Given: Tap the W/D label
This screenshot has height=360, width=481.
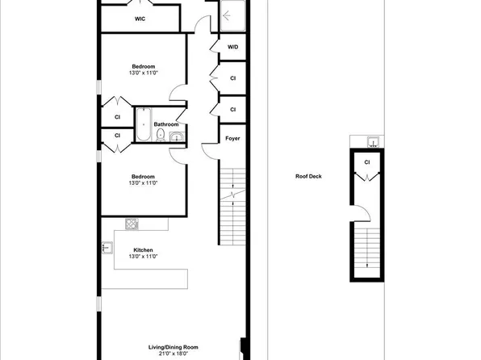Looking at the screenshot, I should (x=232, y=48).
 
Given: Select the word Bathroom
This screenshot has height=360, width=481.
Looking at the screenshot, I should (x=165, y=124).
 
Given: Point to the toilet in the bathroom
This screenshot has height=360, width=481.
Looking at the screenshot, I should (x=161, y=136).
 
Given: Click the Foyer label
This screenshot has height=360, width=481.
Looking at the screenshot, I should (x=232, y=139).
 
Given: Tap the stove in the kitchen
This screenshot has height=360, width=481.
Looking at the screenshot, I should (x=131, y=223).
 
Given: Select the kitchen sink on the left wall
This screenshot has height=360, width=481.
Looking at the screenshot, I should (x=105, y=249).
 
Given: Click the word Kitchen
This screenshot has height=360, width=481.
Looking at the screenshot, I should (x=143, y=250).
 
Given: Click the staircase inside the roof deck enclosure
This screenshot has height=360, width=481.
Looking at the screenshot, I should (x=367, y=247).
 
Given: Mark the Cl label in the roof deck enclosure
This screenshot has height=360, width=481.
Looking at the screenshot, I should (x=366, y=162).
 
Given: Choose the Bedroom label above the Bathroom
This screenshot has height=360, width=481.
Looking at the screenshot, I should (x=143, y=66).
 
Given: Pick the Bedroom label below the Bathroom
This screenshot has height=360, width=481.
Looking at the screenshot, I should (x=143, y=177).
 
